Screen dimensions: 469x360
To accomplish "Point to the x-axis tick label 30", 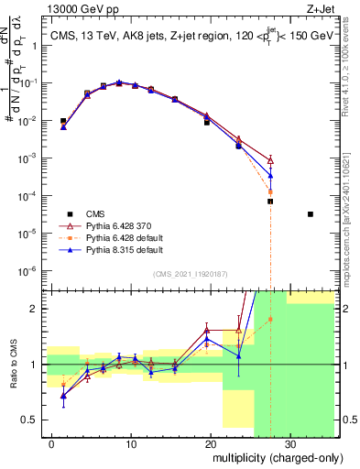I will pos(289,443).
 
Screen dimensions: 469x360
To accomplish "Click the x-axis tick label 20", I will pos(211,443).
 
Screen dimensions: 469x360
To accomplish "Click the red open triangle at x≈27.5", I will pos(270,159).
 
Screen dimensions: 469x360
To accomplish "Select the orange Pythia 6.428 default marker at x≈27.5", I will pos(270,191).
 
